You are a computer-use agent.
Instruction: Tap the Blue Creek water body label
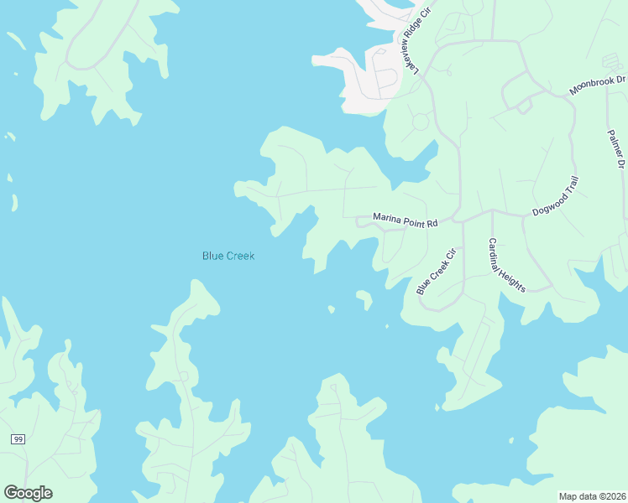tap(228, 256)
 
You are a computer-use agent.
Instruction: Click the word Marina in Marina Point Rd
tap(390, 219)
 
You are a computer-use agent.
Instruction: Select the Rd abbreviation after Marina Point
tap(433, 224)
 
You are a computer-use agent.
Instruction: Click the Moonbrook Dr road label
tap(598, 85)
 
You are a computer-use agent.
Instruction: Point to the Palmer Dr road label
tap(616, 149)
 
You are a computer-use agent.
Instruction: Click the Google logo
tap(28, 492)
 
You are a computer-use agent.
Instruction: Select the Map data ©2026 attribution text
tap(592, 496)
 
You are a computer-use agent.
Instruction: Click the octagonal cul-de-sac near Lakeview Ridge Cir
tap(420, 122)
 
